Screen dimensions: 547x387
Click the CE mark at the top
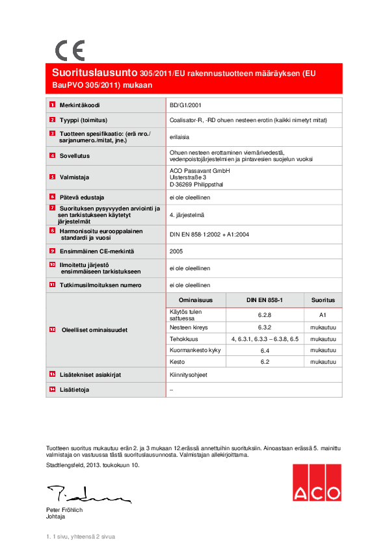pos(70,50)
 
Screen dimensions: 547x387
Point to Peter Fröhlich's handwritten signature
pos(87,495)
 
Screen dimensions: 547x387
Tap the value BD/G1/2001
pos(185,105)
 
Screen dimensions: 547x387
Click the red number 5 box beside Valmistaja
pos(52,177)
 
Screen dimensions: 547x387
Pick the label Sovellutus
pos(75,156)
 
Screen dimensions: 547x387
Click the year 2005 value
pos(176,251)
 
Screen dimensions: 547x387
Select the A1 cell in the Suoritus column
pos(323,314)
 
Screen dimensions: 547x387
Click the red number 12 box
pos(52,330)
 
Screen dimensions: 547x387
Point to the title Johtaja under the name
pos(55,516)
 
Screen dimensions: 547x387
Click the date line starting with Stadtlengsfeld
pos(92,465)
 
